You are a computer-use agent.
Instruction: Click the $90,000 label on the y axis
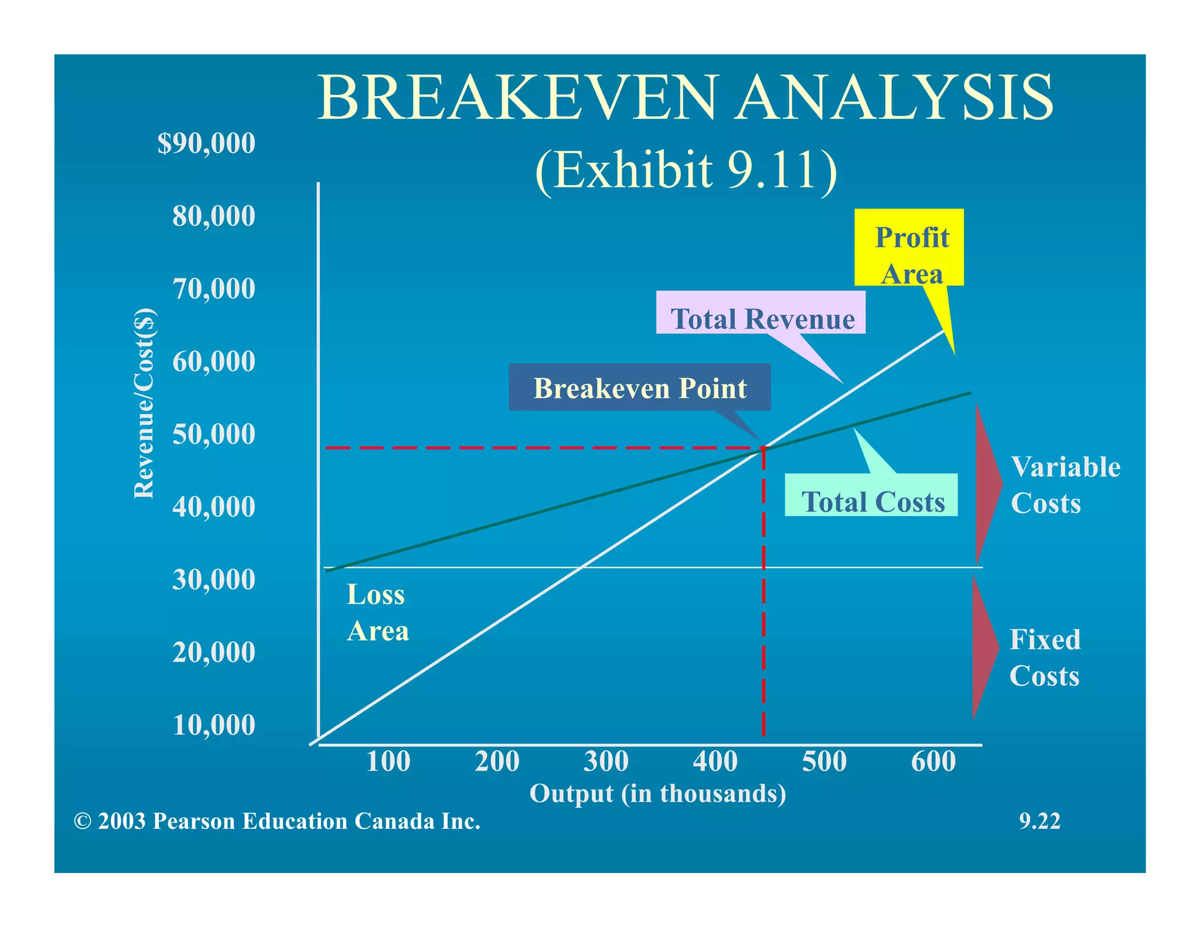pos(206,144)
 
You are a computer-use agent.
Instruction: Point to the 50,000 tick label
pos(214,434)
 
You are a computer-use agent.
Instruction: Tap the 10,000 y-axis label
pos(214,725)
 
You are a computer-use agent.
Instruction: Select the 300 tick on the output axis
pos(606,762)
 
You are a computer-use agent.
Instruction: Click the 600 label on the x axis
pos(933,762)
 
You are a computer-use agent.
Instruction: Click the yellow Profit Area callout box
pos(909,248)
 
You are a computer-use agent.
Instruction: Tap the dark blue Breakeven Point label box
pos(639,387)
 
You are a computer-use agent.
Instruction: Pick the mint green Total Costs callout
pos(871,495)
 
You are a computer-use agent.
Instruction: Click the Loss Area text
pos(377,613)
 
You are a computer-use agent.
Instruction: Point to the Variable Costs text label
pos(1065,485)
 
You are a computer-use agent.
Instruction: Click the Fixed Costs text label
pos(1045,657)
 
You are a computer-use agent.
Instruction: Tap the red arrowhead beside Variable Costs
pos(987,484)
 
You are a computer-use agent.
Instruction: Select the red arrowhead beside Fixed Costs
pos(984,648)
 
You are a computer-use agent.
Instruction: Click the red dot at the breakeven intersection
pos(763,448)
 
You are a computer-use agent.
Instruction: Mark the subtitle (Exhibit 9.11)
pos(686,170)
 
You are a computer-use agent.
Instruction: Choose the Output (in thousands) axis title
pos(657,793)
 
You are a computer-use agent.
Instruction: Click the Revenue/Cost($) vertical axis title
pos(144,403)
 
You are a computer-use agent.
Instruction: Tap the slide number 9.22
pos(1039,821)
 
